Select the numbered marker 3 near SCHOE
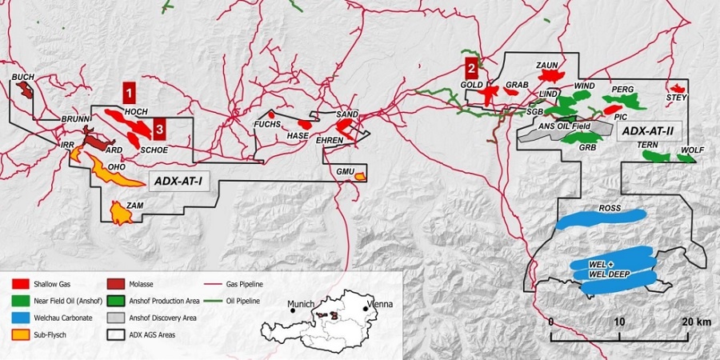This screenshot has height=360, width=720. click(160, 130)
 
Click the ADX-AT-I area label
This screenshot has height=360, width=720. click(177, 182)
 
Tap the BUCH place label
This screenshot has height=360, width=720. click(23, 78)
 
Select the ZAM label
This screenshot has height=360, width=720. click(134, 206)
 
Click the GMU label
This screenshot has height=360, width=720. click(345, 172)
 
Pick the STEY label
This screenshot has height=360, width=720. click(677, 98)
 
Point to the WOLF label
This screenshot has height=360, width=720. click(693, 150)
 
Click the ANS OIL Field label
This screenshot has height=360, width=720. click(564, 126)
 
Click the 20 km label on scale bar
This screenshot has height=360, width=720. click(689, 321)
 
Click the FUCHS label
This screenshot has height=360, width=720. click(266, 126)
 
